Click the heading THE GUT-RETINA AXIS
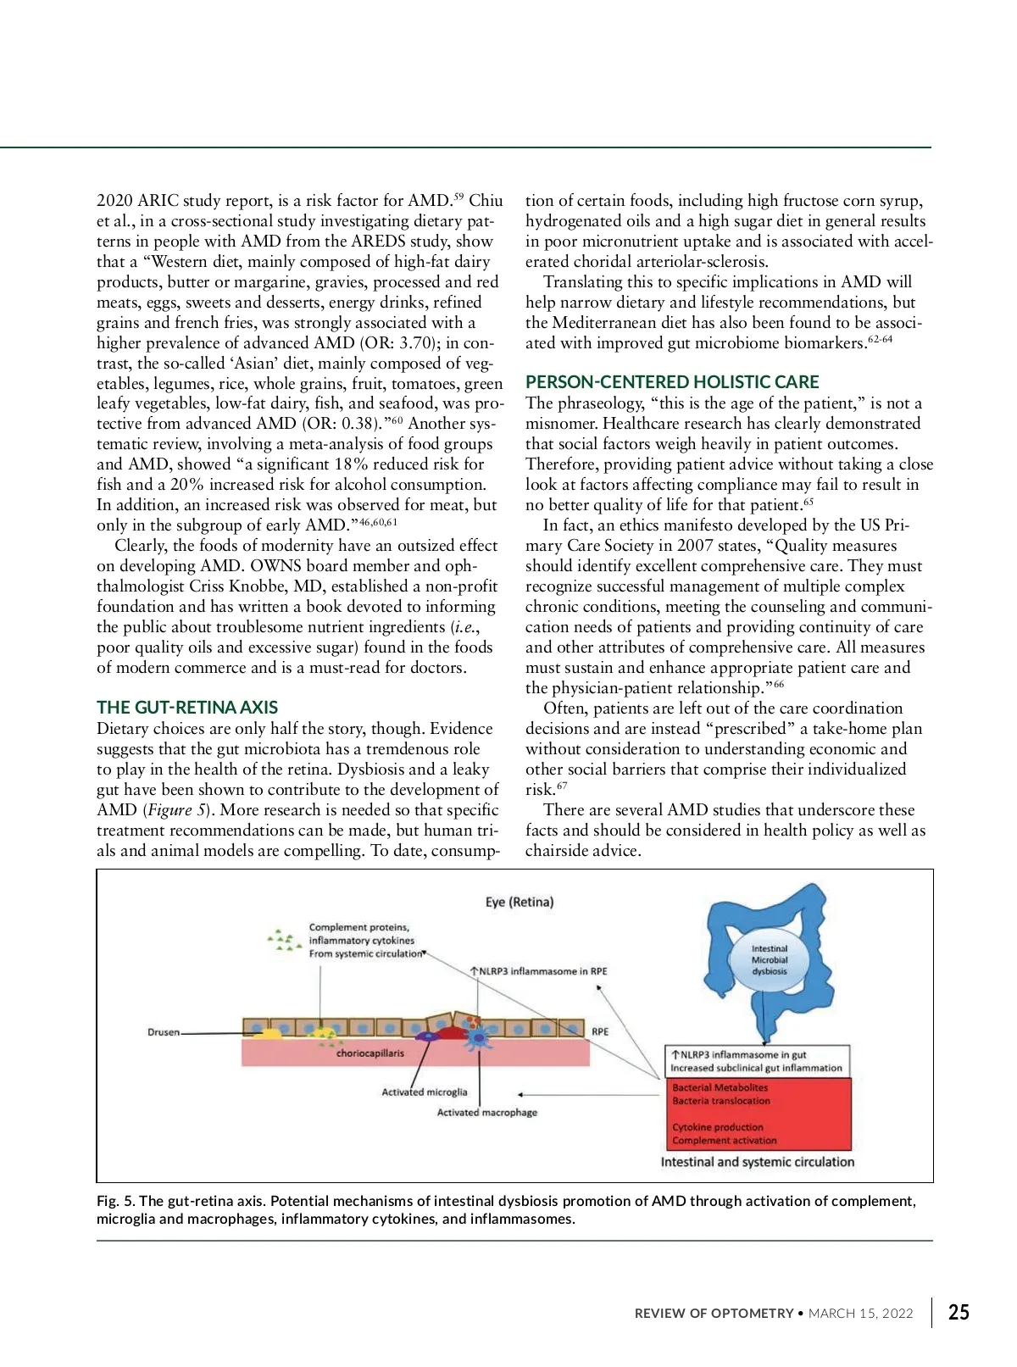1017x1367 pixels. pyautogui.click(x=187, y=708)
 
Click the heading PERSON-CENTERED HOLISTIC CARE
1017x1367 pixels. pyautogui.click(x=672, y=382)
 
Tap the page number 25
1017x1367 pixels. pyautogui.click(x=959, y=1313)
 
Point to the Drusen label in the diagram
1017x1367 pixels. pyautogui.click(x=164, y=1032)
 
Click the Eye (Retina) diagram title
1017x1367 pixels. pyautogui.click(x=520, y=902)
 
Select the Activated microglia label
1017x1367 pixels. pyautogui.click(x=424, y=1092)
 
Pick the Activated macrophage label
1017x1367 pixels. pyautogui.click(x=486, y=1112)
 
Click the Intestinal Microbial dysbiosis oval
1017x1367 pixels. pyautogui.click(x=770, y=960)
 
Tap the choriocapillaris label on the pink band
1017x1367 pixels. pyautogui.click(x=370, y=1053)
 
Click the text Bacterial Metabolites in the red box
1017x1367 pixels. pyautogui.click(x=720, y=1087)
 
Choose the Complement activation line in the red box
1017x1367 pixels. pyautogui.click(x=725, y=1140)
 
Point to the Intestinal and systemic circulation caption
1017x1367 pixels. pyautogui.click(x=758, y=1162)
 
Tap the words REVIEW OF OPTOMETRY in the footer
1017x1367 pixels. pyautogui.click(x=714, y=1314)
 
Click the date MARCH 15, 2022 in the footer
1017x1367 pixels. pyautogui.click(x=860, y=1314)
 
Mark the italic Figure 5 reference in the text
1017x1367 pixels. pyautogui.click(x=178, y=810)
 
